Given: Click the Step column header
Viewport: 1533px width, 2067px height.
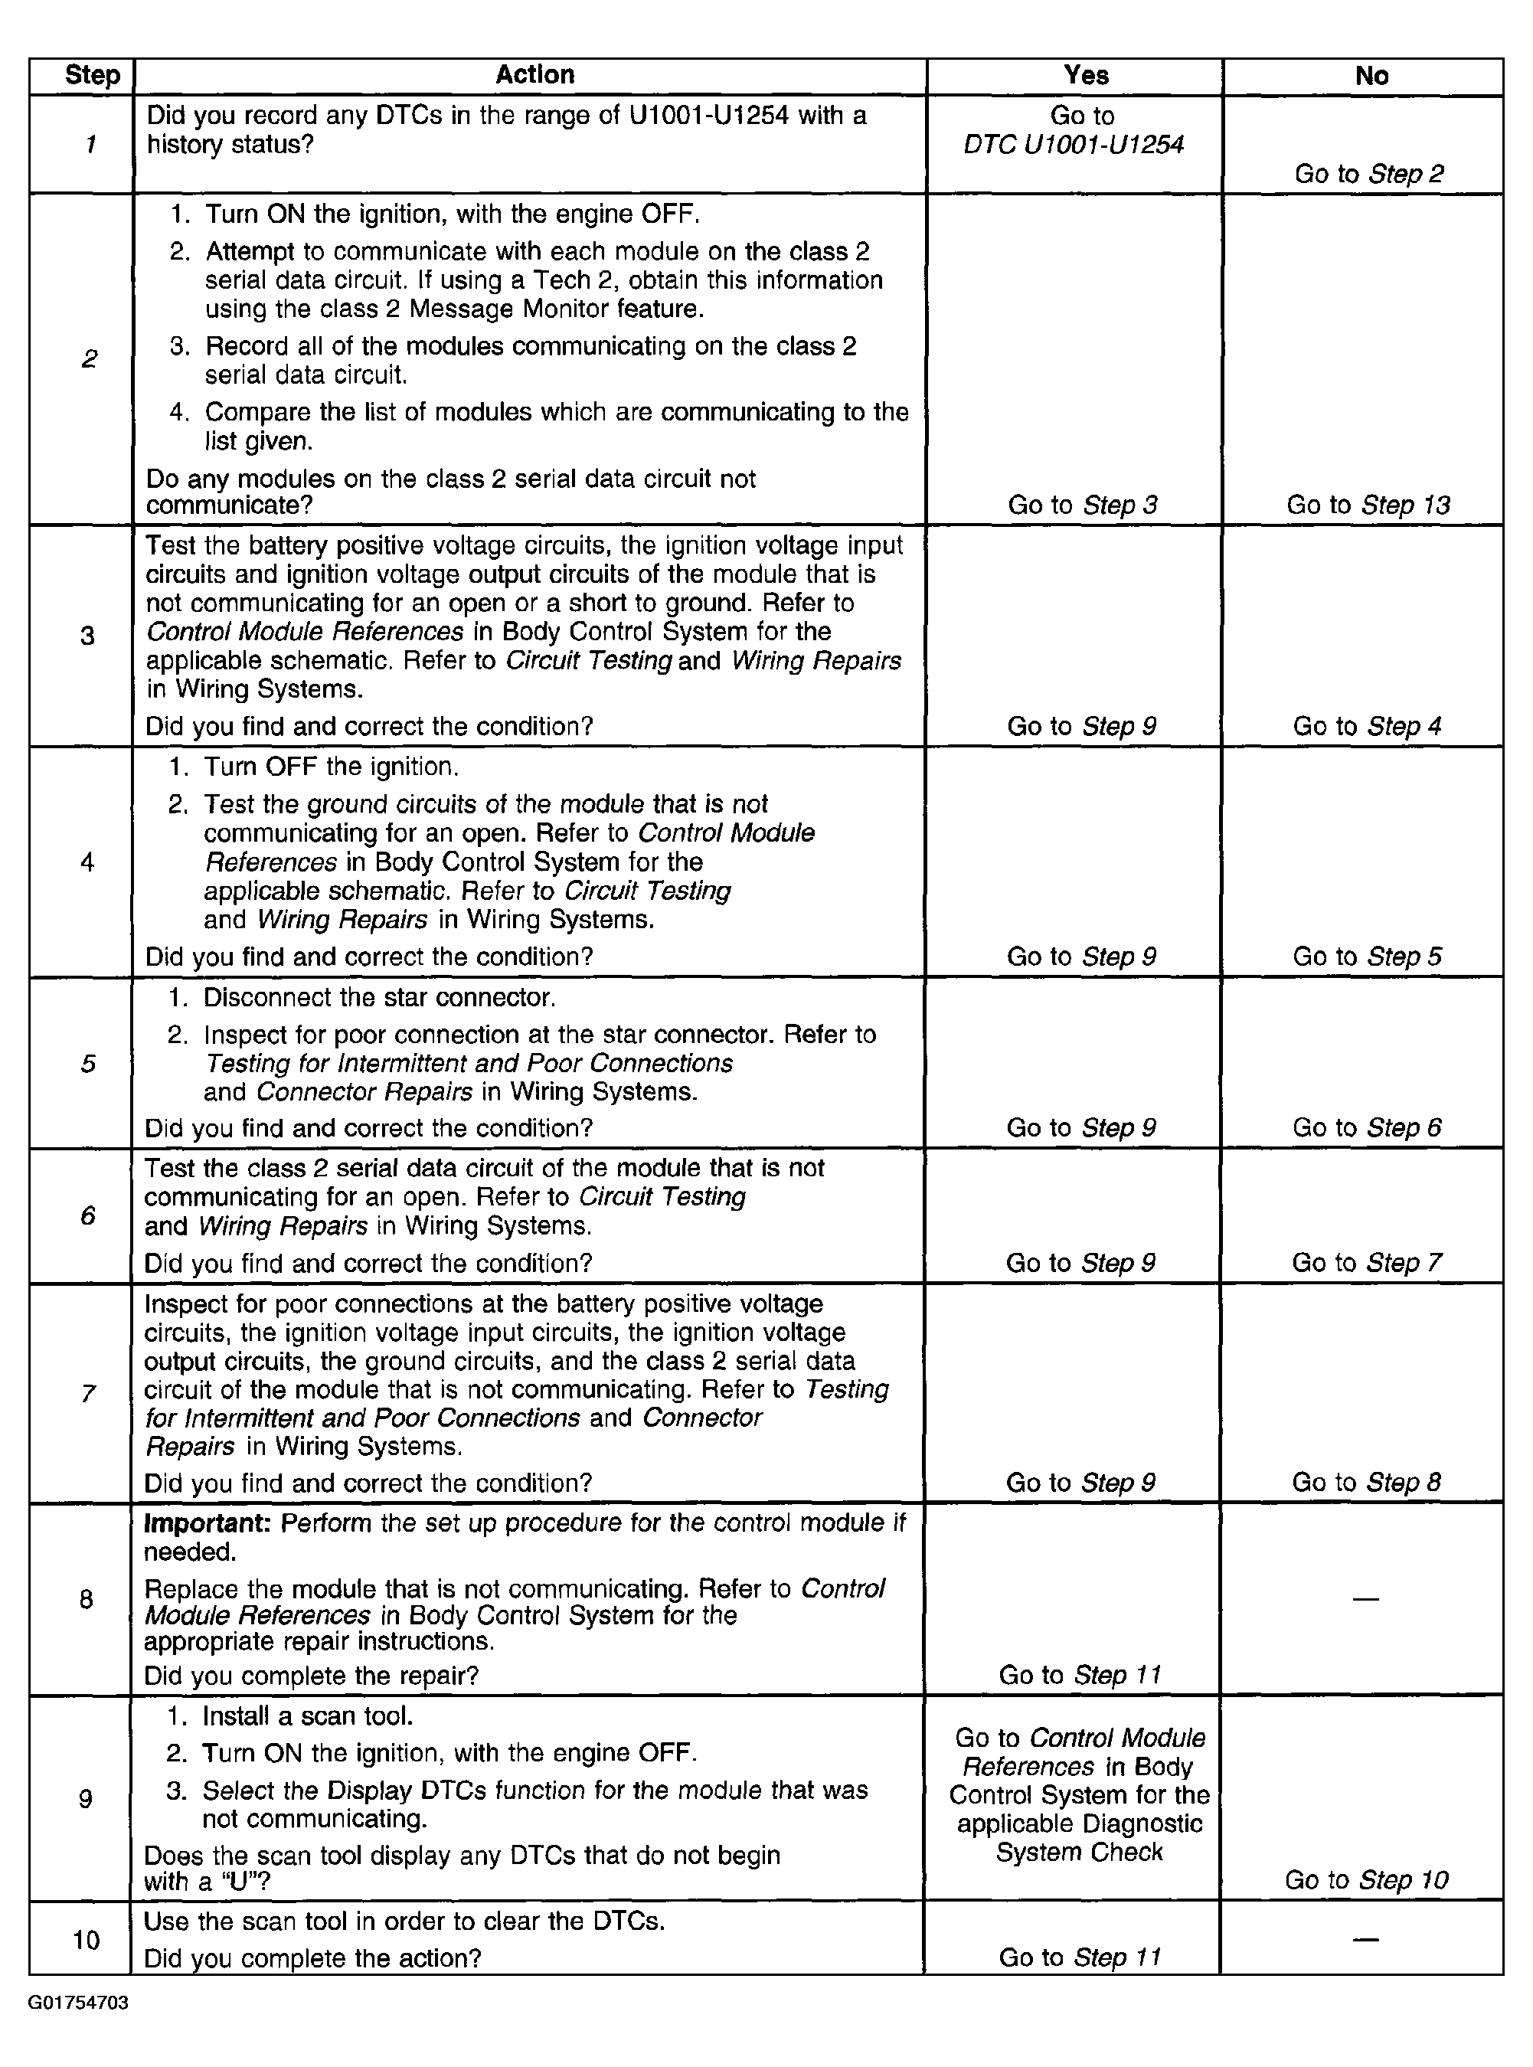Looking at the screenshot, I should [x=92, y=76].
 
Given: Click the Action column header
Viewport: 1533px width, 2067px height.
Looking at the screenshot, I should [x=534, y=75].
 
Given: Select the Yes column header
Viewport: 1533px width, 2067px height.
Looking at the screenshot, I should [x=1086, y=76].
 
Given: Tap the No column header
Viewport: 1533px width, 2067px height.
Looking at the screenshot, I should [x=1371, y=76].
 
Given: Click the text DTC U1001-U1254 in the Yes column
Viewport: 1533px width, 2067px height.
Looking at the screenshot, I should [x=1074, y=145].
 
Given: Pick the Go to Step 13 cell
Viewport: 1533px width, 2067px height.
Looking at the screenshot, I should [x=1368, y=505].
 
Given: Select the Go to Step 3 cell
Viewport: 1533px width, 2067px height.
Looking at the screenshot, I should [x=1082, y=505].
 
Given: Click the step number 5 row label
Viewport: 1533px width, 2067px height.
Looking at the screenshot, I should [x=88, y=1064].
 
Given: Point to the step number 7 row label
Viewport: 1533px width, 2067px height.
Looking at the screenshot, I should [x=88, y=1393].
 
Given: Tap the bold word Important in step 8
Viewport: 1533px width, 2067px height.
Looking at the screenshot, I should [x=207, y=1523].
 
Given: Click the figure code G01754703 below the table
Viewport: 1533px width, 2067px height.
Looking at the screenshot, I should [x=78, y=2003].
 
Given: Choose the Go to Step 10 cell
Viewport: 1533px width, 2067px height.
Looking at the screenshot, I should [x=1366, y=1880].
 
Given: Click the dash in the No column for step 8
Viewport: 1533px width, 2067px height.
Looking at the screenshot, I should [x=1365, y=1599].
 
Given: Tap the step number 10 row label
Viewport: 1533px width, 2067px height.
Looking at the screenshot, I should [x=87, y=1940].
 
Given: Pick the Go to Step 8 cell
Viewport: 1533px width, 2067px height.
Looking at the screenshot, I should [x=1366, y=1482].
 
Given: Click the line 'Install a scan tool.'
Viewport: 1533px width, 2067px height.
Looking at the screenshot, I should [x=307, y=1716].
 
